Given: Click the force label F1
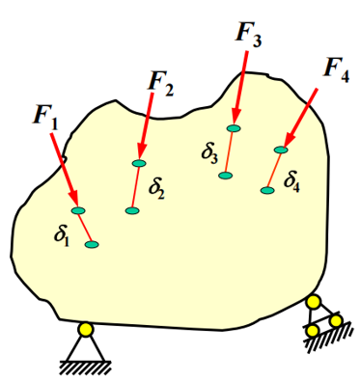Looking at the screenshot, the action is (46, 118).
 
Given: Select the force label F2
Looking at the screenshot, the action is (161, 85).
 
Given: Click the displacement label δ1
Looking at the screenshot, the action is (62, 237).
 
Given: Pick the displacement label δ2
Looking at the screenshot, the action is (156, 190).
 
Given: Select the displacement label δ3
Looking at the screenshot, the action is (209, 154).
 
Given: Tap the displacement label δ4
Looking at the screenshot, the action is (291, 183).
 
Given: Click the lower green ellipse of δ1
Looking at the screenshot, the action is (92, 244).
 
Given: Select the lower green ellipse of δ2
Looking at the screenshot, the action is (132, 210).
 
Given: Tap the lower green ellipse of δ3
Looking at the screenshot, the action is (225, 176).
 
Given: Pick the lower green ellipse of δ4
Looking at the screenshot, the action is (267, 190).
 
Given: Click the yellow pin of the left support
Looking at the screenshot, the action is (86, 330).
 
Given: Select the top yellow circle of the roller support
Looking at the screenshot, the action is (314, 302).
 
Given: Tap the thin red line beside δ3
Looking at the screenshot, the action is (230, 151).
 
